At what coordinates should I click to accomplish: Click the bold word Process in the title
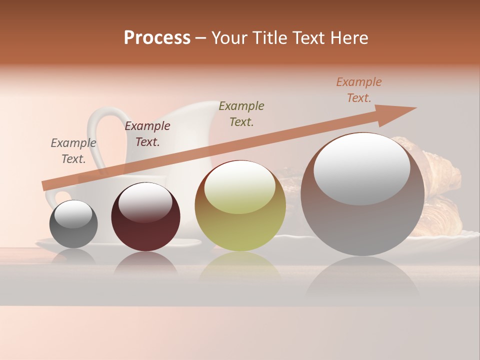pyautogui.click(x=157, y=38)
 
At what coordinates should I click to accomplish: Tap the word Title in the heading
pyautogui.click(x=268, y=38)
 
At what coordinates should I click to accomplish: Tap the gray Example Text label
pyautogui.click(x=73, y=151)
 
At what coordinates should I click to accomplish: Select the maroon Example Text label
pyautogui.click(x=147, y=134)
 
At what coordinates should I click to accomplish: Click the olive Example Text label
pyautogui.click(x=241, y=114)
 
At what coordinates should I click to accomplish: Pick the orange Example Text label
pyautogui.click(x=359, y=90)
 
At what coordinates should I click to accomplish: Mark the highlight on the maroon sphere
pyautogui.click(x=145, y=202)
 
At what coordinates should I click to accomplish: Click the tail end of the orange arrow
pyautogui.click(x=46, y=185)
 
